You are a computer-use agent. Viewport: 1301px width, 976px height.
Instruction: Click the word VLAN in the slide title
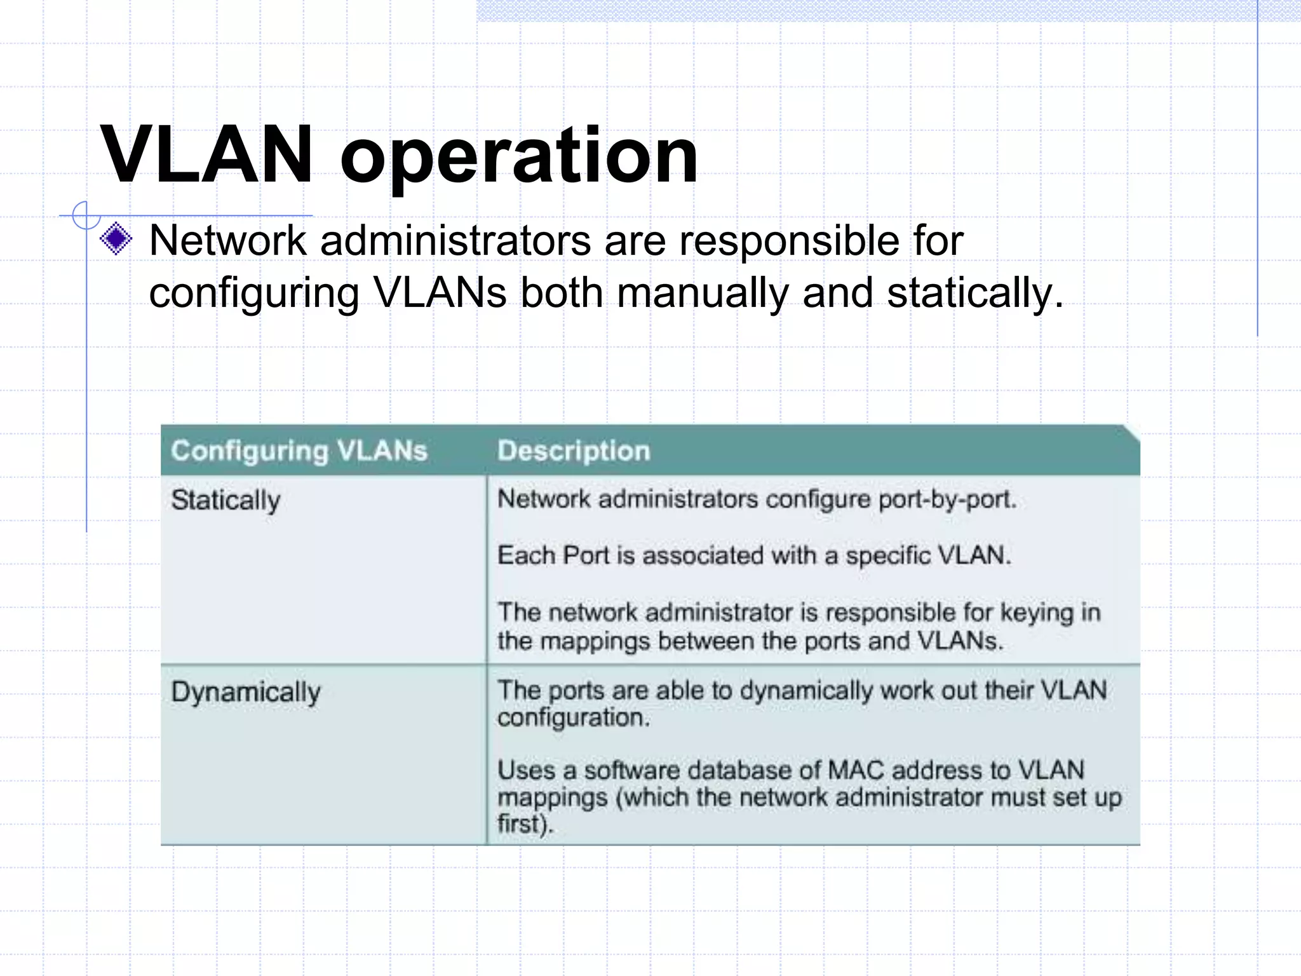click(206, 154)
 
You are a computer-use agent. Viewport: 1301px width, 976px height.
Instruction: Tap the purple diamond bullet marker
click(116, 240)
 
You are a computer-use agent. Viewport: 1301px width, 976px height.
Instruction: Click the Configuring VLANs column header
click(299, 451)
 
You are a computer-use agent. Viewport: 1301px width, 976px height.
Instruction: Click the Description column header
click(574, 451)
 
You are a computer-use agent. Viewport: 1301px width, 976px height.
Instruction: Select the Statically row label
click(226, 500)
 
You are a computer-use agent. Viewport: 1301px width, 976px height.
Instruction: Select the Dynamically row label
click(246, 691)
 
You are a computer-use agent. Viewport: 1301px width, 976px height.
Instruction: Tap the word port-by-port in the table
click(947, 499)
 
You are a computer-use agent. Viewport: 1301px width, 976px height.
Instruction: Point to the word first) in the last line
click(525, 823)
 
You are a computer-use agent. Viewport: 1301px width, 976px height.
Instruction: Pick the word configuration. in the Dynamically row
click(574, 718)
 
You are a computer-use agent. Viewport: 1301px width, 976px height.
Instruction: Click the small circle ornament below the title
click(86, 215)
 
